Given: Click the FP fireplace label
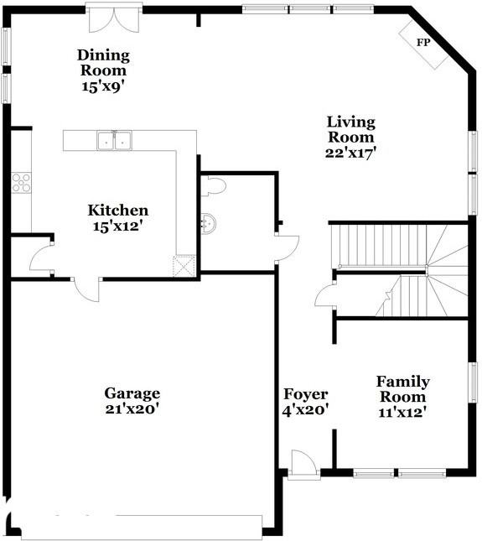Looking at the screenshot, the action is coord(423,43).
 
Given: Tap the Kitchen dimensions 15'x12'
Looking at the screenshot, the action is coord(118,226).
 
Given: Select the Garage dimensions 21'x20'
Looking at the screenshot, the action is coord(132,408).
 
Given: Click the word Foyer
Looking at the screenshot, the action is coord(305,394).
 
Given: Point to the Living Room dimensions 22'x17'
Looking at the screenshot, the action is coord(350,153).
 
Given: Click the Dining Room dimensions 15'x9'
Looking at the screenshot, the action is coord(102,86).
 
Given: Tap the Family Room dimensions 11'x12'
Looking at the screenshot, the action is coord(402,412).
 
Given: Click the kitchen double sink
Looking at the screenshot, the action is coord(115,140).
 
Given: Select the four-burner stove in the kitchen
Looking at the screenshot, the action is coord(21,183).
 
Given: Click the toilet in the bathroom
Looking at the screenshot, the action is coord(213,186).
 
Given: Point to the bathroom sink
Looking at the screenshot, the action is coord(208,223).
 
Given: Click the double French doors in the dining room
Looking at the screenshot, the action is coord(114,20).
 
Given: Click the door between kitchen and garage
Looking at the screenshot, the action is coord(87,290).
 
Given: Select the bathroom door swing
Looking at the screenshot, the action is coord(287,248).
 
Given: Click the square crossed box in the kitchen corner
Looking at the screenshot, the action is coord(184,266).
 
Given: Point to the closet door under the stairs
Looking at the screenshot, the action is coord(324,297).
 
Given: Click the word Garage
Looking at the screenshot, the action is coord(132,393).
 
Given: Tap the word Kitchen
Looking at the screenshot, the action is coord(118,211).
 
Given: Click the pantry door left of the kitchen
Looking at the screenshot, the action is coord(41,257).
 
